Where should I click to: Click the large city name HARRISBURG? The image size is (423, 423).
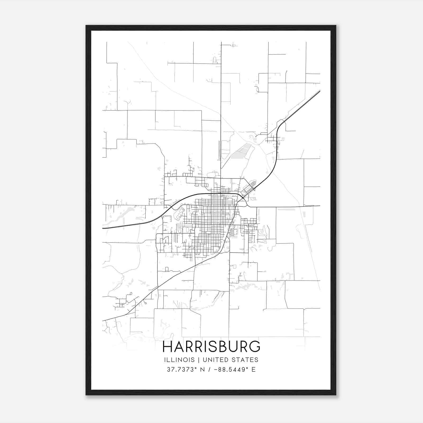pos(212,347)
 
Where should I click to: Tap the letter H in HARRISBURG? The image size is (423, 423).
pos(168,347)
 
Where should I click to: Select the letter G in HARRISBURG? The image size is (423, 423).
pos(255,347)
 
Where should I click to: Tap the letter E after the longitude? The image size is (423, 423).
pos(254,370)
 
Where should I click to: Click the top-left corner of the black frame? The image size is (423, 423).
pos(86,26)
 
